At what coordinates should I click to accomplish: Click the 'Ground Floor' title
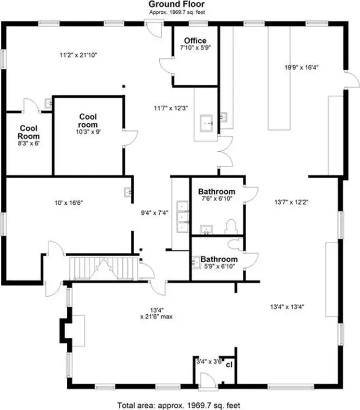[177, 4]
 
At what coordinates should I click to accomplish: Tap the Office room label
[195, 41]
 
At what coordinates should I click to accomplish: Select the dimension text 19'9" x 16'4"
[301, 67]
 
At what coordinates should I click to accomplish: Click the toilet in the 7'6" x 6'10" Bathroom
[231, 227]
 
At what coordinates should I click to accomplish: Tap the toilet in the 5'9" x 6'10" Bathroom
[234, 244]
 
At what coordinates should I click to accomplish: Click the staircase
[104, 268]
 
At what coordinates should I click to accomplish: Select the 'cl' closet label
[229, 365]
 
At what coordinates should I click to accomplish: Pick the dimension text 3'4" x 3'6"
[209, 362]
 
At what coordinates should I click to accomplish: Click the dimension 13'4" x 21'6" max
[156, 313]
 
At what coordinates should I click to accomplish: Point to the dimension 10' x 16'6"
[69, 203]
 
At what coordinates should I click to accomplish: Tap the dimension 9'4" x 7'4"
[155, 213]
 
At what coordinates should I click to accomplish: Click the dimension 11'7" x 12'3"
[171, 108]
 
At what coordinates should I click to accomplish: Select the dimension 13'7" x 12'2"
[292, 202]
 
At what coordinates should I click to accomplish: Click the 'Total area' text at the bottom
[179, 405]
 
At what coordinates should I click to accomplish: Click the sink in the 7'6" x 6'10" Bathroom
[206, 229]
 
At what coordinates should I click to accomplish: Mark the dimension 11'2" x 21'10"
[79, 55]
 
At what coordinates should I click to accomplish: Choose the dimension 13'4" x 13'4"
[287, 307]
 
